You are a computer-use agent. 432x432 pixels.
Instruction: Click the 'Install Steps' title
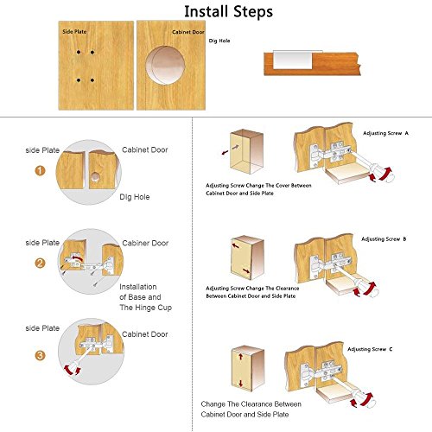coord(228,12)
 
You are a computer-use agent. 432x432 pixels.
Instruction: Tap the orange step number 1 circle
coord(40,171)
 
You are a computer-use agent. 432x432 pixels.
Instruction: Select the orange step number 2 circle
coord(40,263)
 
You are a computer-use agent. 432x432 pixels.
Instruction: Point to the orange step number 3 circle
coord(40,355)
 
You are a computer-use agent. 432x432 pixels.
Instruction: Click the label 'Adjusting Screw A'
coord(385,133)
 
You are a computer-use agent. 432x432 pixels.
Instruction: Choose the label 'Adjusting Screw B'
coord(384,239)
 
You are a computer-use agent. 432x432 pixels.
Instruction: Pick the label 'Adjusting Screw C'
coord(370,349)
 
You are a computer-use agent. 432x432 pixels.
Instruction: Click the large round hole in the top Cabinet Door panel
coord(165,66)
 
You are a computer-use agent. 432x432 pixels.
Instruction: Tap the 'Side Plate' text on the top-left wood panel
coord(74,32)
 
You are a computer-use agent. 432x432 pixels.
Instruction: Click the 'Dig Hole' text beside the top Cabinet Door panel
coord(219,41)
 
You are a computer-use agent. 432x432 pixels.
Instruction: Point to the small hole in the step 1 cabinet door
coord(95,177)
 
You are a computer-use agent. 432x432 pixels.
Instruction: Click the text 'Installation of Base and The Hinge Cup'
coord(146,297)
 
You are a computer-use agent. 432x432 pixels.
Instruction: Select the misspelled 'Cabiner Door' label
coord(145,243)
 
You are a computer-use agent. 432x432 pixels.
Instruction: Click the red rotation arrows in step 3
coord(73,370)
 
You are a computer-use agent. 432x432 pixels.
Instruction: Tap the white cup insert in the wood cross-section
coord(293,60)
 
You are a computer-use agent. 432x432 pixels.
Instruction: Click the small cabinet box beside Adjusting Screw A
coord(246,152)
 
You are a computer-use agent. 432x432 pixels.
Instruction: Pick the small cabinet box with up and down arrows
coord(248,369)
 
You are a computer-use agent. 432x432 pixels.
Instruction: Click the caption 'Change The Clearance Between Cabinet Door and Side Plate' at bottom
coord(251,410)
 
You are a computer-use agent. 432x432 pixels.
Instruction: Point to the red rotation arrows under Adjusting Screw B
coord(365,289)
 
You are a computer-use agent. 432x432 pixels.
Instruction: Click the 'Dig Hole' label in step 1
coord(135,197)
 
